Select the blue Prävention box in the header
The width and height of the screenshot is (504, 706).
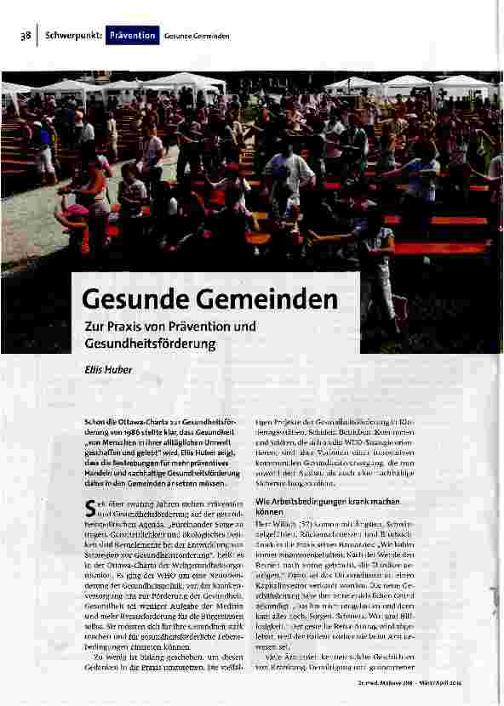(132, 36)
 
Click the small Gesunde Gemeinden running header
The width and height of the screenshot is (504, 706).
(198, 37)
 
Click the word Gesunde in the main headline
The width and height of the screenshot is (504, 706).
(135, 299)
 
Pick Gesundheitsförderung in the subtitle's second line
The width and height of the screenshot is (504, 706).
(150, 344)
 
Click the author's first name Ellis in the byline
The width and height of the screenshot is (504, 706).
(93, 371)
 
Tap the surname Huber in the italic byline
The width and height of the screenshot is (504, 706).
(119, 371)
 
